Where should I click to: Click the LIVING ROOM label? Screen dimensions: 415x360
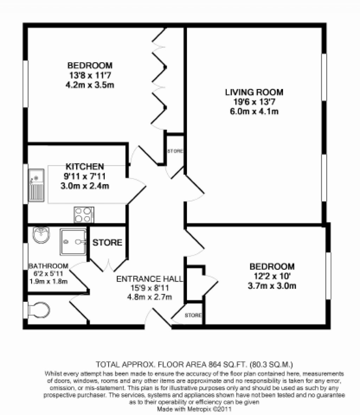coord(254,92)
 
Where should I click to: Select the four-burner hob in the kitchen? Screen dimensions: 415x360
coord(84,215)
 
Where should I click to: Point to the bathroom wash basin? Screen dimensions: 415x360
coord(41,235)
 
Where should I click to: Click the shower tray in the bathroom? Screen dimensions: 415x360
coord(73,241)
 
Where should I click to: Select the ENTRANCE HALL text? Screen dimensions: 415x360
coord(149,279)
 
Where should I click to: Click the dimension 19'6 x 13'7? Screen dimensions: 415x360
coord(254,102)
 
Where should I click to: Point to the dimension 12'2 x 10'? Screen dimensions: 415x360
coord(272,276)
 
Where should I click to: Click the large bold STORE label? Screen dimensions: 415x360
coord(107,242)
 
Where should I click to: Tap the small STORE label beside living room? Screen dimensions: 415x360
coord(175,151)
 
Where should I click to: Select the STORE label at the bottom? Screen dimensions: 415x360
coord(193,315)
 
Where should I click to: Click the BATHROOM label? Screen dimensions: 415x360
coord(49,266)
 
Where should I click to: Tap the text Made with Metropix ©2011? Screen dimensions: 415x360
coord(194,409)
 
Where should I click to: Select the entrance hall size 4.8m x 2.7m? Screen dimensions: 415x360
coord(149,297)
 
